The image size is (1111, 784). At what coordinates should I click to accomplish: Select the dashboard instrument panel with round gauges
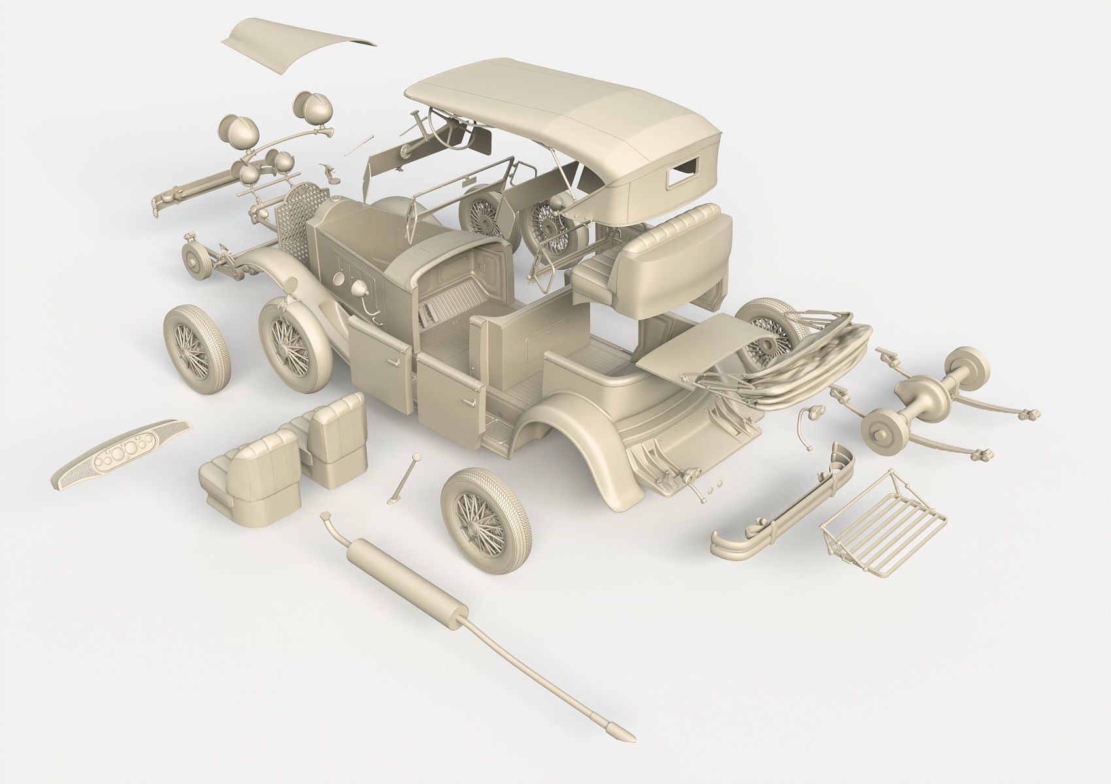(121, 455)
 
